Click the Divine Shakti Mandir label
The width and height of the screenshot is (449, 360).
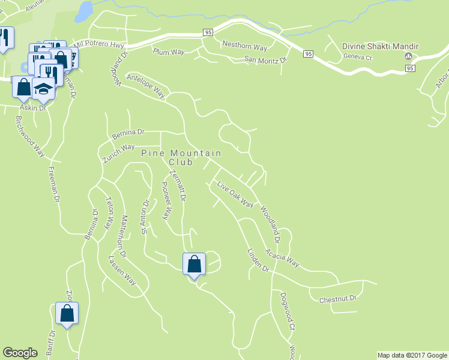380,46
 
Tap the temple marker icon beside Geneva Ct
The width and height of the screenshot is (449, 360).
409,58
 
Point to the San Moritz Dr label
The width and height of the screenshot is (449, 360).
266,59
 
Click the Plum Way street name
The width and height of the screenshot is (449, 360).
168,52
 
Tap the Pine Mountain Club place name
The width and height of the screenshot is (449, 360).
181,158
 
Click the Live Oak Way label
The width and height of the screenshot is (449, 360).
236,194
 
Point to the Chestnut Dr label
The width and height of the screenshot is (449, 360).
338,298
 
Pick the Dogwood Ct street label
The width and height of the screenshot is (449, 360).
288,311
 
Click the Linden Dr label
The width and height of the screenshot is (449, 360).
258,260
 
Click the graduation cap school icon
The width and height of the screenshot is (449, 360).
43,89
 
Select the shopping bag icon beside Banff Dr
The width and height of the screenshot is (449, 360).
67,313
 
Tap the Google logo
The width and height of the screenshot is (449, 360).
20,353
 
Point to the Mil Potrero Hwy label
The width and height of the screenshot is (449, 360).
98,45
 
